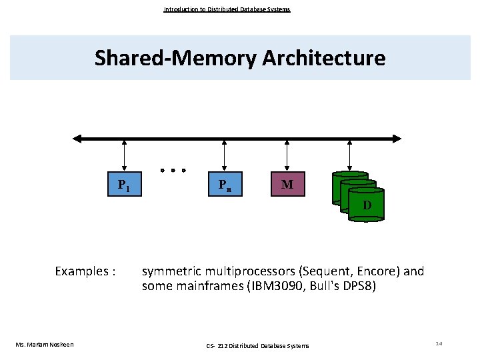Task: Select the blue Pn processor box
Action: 224,185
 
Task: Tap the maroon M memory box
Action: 287,184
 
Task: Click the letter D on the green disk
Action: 367,205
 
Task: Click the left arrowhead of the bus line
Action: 77,139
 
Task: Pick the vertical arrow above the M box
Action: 287,156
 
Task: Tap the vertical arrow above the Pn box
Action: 224,157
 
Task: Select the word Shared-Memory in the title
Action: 175,58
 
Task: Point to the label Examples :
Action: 85,271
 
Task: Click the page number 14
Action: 439,343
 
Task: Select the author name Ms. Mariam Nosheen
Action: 45,344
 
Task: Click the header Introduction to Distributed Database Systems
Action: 227,9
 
